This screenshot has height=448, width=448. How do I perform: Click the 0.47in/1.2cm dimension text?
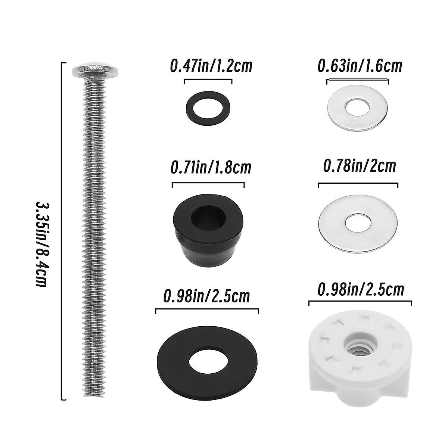tap(211, 66)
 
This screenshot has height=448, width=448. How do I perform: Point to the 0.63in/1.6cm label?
tap(360, 66)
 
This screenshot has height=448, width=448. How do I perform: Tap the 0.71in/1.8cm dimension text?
tap(211, 167)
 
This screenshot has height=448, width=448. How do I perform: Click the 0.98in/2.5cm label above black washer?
tap(206, 296)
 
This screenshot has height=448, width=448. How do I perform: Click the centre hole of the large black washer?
tap(206, 360)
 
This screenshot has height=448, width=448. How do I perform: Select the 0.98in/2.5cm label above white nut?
tap(361, 289)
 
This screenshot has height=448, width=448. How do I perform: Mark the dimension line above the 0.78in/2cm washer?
tap(358, 184)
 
